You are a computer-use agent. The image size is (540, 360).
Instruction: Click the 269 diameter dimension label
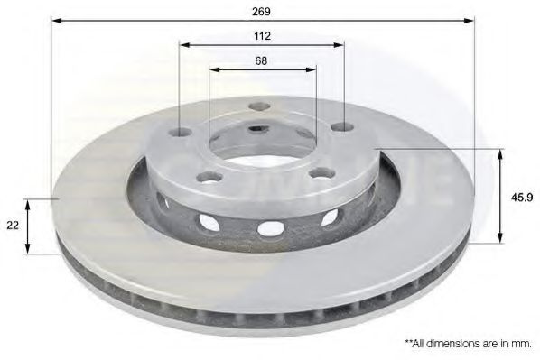pos(261,12)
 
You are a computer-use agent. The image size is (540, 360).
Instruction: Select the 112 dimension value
pos(262,36)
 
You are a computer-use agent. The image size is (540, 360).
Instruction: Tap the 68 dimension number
pos(261,61)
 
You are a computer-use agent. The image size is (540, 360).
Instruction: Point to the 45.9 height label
pos(522,198)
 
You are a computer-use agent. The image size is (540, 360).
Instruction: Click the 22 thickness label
pos(13,226)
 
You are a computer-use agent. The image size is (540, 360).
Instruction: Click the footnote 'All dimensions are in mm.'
pos(469,343)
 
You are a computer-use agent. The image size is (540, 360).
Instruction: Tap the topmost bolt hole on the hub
pos(260,106)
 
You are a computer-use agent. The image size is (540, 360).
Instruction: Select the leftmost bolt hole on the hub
pos(181,132)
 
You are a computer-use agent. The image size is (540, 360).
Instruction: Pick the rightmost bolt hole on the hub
pos(342,126)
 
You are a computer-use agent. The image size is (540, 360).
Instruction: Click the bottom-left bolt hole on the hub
pos(209,177)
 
